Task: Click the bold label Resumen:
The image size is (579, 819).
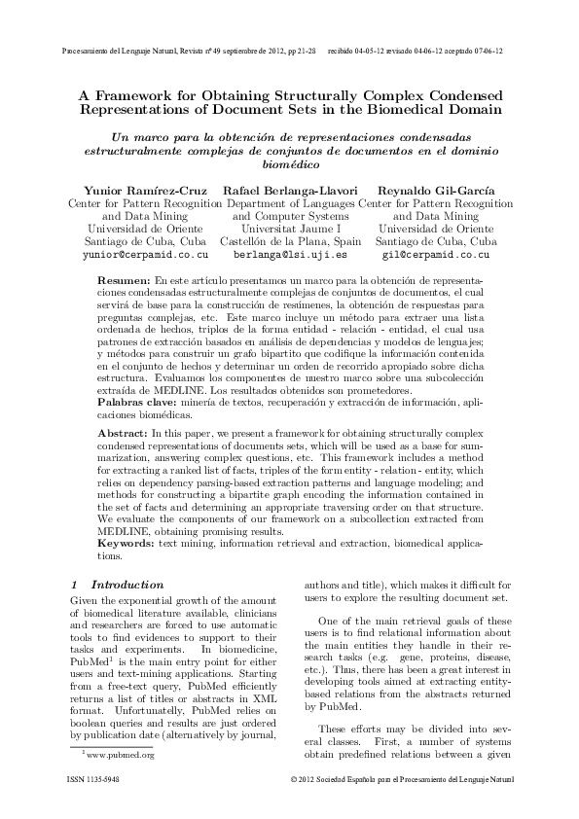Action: [x=124, y=279]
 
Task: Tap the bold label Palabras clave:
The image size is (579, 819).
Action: [x=137, y=400]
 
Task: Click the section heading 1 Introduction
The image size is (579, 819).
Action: [x=118, y=585]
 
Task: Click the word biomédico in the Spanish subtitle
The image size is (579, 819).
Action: [x=290, y=166]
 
